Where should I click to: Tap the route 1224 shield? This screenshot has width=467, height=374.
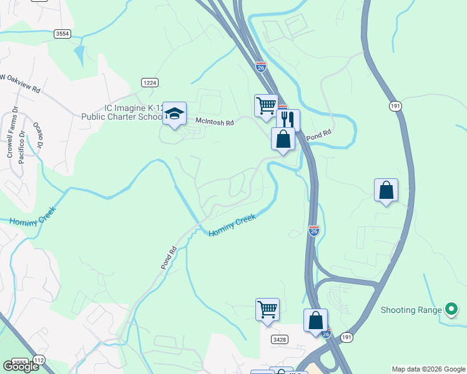(149, 82)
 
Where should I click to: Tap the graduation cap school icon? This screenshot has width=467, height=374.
(175, 113)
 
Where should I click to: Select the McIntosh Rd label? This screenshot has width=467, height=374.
(214, 123)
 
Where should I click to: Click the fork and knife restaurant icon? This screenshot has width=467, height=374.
(288, 119)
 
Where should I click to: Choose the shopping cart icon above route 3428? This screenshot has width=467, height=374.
(267, 309)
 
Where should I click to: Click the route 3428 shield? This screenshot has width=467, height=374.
(280, 339)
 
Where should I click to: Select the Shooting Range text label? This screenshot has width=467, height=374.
(411, 310)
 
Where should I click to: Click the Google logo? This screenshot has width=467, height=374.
(21, 366)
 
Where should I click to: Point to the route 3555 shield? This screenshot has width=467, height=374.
(19, 362)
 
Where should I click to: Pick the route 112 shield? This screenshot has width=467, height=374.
(39, 360)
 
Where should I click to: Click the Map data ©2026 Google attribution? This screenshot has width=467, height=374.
(428, 369)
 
